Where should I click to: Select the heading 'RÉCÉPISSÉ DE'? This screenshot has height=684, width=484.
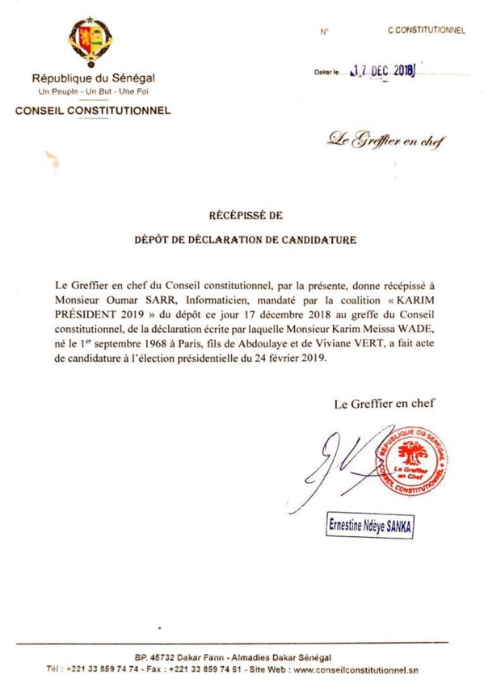pos(241,216)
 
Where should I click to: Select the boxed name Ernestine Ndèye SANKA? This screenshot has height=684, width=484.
pos(377,522)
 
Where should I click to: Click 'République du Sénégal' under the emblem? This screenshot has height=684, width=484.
pos(92,79)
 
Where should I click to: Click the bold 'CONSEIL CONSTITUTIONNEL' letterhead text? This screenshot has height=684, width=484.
pos(92,111)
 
